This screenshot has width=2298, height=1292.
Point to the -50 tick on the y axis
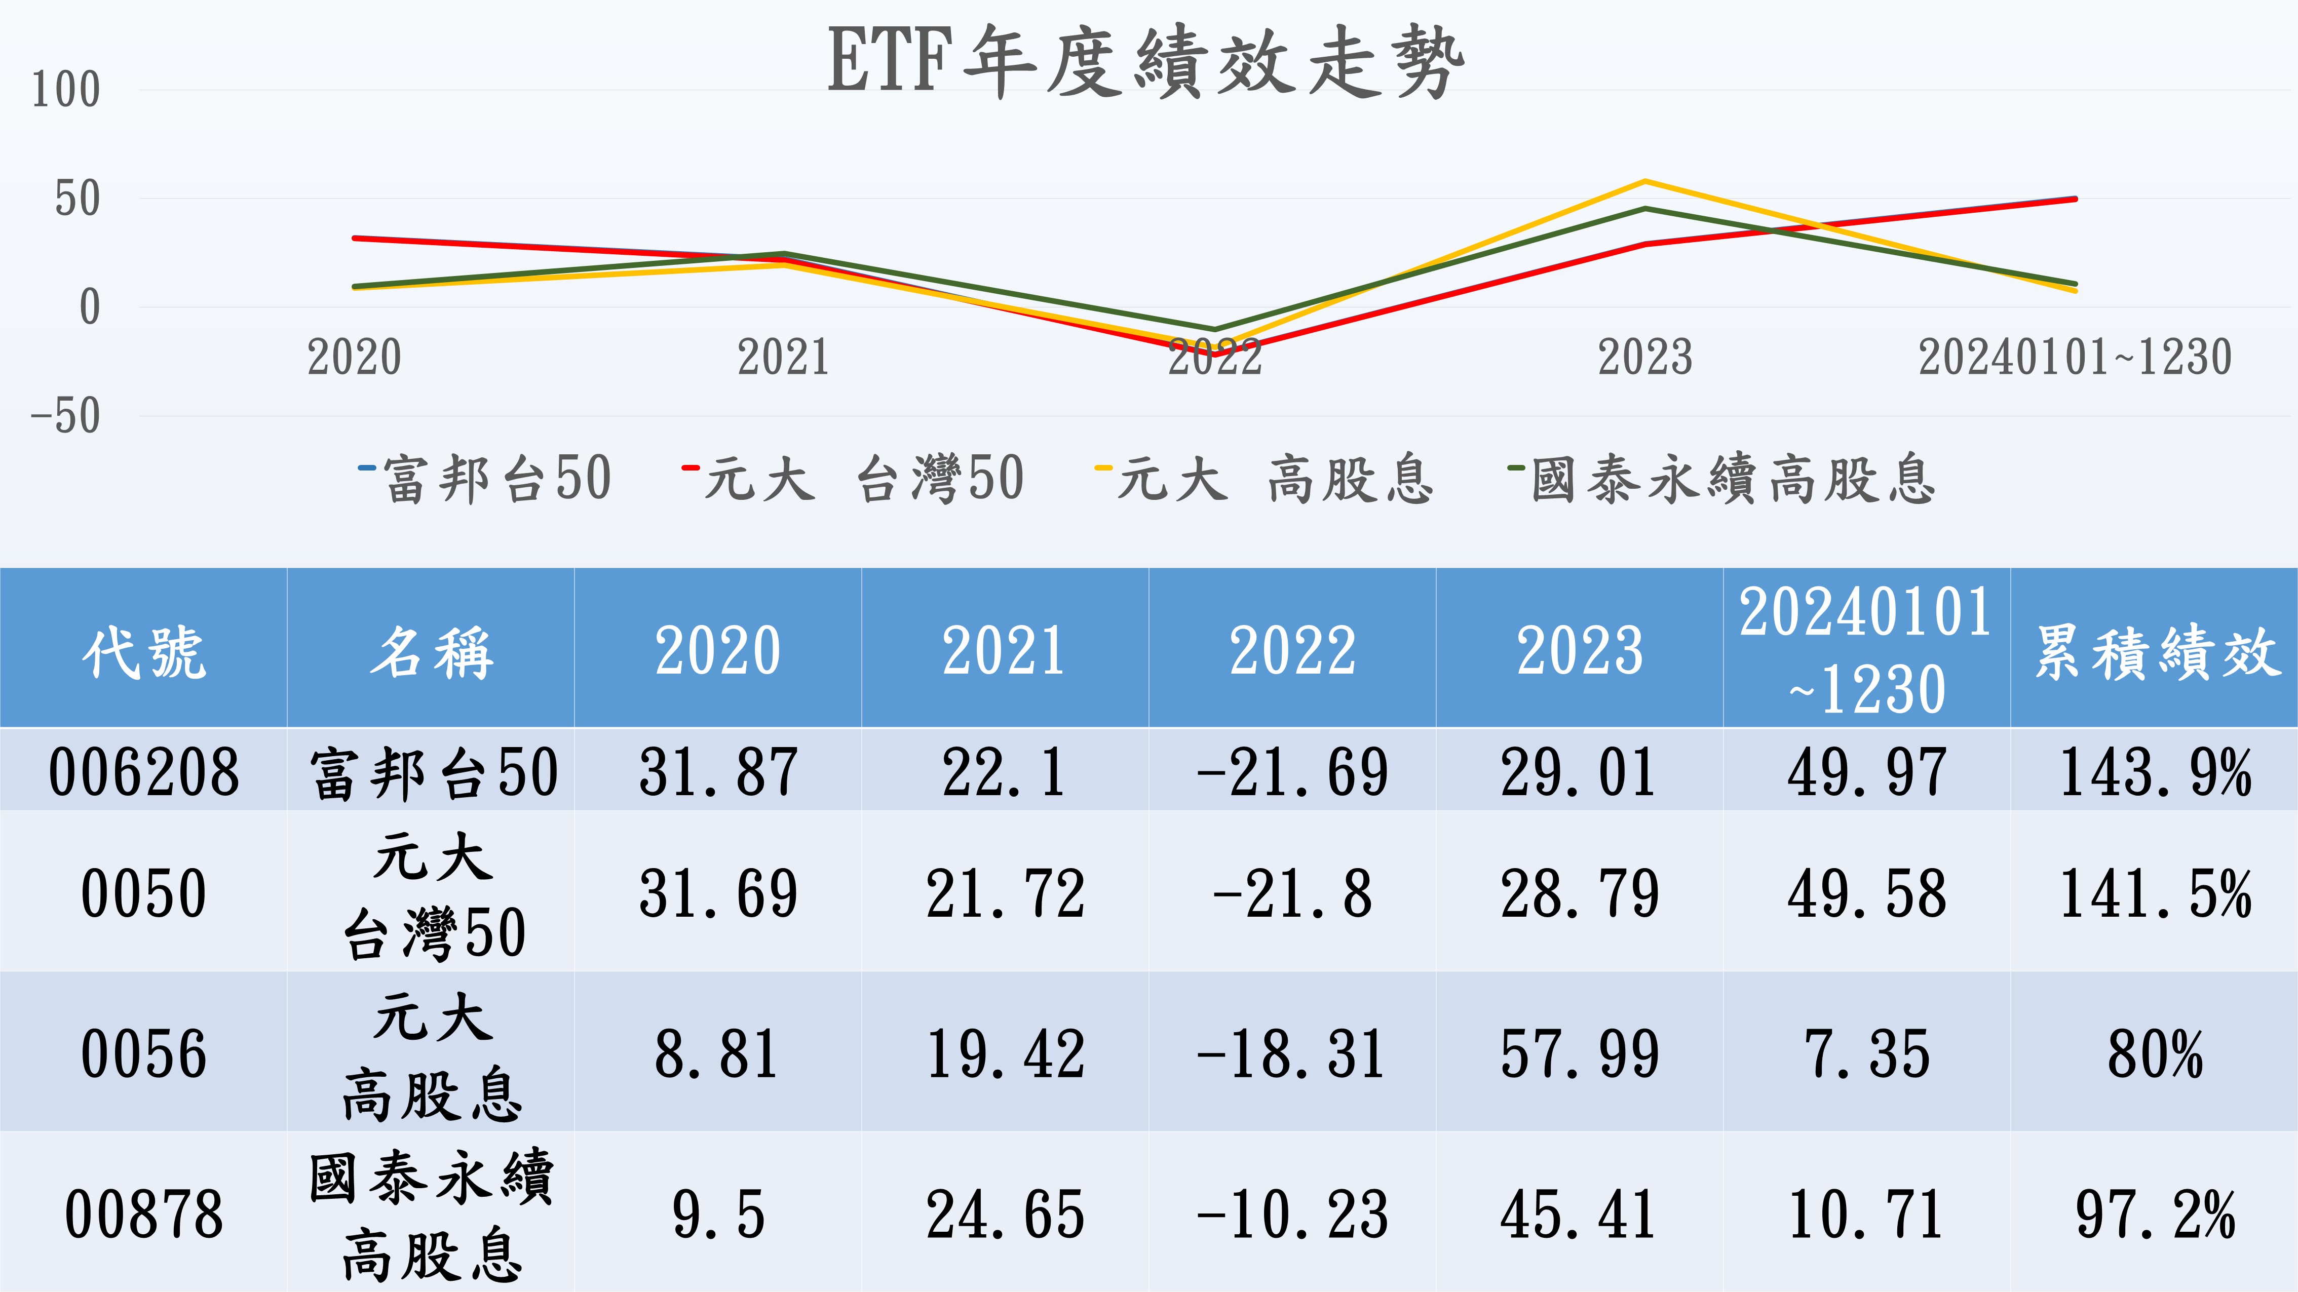66,416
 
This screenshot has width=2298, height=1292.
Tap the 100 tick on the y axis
66,90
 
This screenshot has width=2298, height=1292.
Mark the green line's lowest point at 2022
1215,330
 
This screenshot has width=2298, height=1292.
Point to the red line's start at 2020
355,238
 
